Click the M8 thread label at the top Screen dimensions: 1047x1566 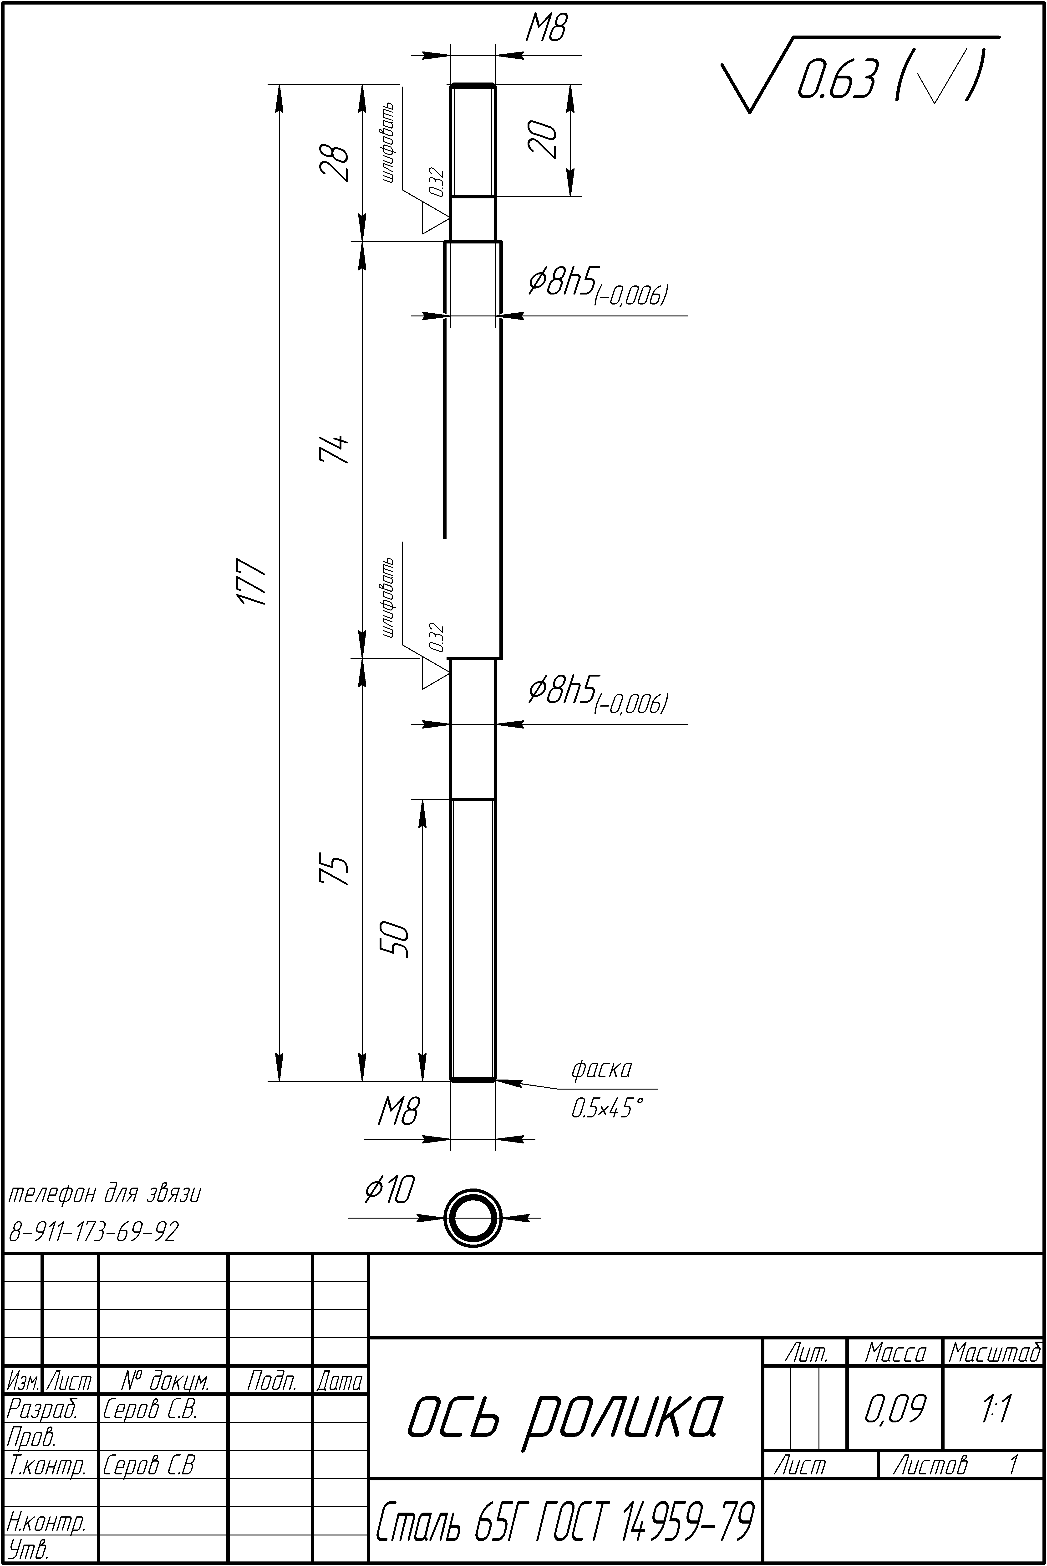click(546, 29)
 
